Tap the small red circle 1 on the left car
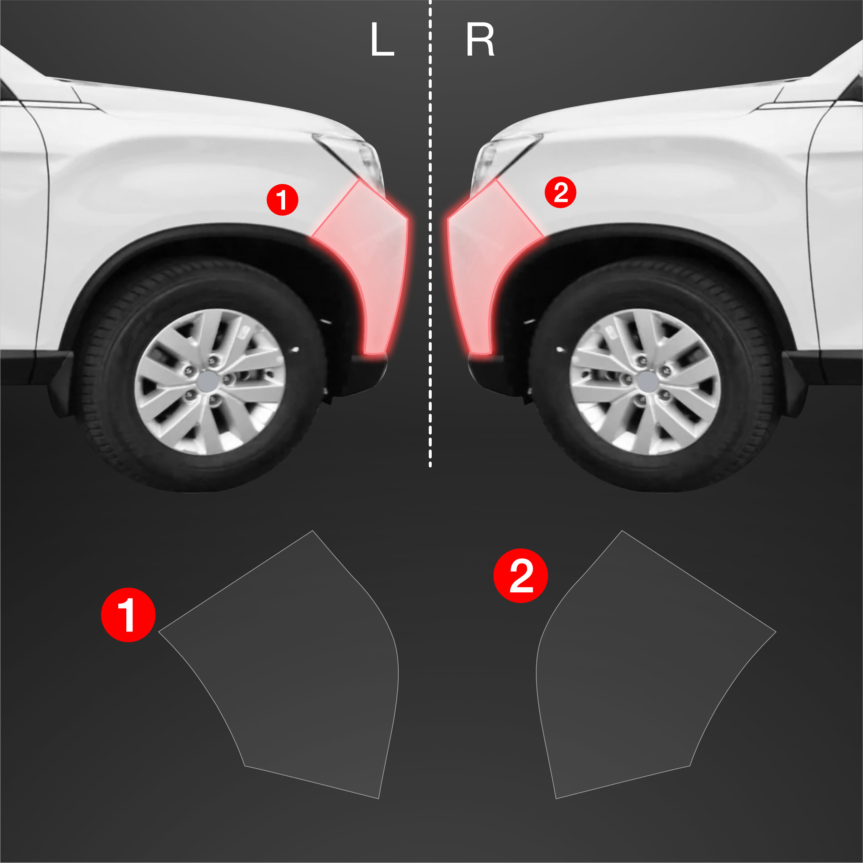pyautogui.click(x=282, y=200)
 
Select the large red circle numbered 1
pyautogui.click(x=128, y=615)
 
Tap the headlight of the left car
pyautogui.click(x=355, y=156)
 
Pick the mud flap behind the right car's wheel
pyautogui.click(x=795, y=384)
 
